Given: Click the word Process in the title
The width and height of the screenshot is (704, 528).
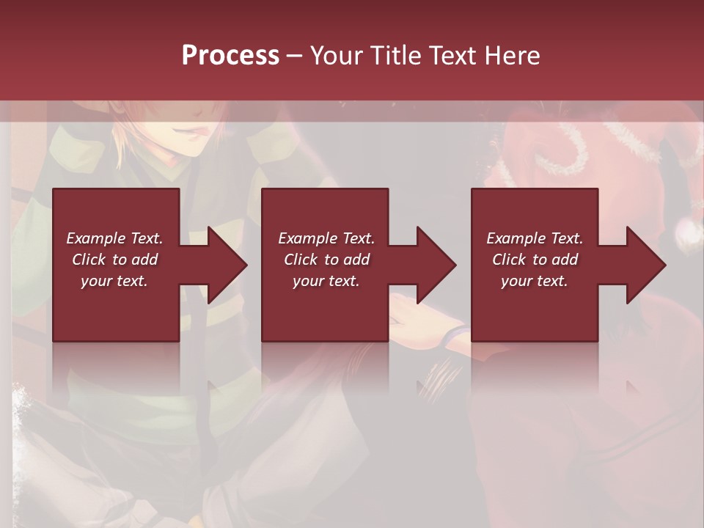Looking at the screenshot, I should (230, 56).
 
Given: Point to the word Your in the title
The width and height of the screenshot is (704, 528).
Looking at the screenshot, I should (337, 56).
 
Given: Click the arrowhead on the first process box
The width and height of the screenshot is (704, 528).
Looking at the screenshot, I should (227, 265).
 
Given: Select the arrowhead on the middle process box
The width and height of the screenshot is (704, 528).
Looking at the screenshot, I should (436, 265).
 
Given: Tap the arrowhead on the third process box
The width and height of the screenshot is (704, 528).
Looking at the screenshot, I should (646, 265).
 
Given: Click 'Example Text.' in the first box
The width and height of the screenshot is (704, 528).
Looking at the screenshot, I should (114, 238).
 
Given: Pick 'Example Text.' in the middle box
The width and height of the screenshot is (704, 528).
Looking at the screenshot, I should (326, 238).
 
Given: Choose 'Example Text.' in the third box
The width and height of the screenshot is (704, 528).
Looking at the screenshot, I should (535, 238).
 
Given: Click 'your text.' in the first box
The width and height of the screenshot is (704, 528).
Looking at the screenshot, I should (114, 281).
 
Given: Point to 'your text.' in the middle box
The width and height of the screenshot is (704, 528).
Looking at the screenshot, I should (326, 281).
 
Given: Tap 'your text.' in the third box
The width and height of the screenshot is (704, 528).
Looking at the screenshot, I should (535, 281).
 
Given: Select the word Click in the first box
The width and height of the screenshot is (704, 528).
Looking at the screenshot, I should (89, 260).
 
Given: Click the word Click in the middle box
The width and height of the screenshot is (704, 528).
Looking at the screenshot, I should (301, 260).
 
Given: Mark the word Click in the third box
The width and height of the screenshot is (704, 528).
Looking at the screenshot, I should (509, 260).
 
